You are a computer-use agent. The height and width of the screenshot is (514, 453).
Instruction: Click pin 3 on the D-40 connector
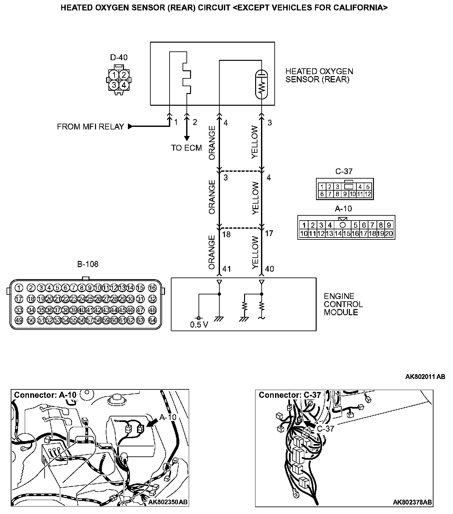coord(114,85)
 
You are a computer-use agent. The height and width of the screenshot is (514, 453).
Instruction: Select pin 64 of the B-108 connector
coord(152,320)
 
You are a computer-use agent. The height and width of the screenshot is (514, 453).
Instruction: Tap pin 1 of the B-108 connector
coord(19,288)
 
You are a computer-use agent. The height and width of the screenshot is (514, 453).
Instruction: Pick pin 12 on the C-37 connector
coord(368,194)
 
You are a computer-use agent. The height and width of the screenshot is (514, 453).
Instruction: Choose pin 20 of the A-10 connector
coord(389,233)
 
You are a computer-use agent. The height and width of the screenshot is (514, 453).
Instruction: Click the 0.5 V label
coord(199,325)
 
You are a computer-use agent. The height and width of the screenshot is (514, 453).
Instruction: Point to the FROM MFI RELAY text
coord(90,127)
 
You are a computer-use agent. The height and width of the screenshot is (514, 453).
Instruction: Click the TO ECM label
coord(186,148)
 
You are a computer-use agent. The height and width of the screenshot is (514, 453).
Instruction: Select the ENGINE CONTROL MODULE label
coord(343,304)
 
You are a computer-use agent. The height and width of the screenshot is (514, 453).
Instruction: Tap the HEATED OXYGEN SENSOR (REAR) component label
coord(319,75)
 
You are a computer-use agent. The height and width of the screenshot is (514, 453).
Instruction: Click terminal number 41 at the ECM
coord(226,269)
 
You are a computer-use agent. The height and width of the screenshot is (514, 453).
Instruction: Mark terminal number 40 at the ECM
coord(269,269)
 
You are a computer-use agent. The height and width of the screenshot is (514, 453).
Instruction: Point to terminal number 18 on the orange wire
coord(226,234)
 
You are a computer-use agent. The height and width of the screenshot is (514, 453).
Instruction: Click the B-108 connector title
coord(88,264)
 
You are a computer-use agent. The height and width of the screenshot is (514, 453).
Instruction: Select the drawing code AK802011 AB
coord(425,377)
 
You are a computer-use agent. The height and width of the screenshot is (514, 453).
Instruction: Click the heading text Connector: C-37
coord(290,395)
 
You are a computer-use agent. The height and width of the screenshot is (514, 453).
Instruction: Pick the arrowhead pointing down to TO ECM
coord(187,137)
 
